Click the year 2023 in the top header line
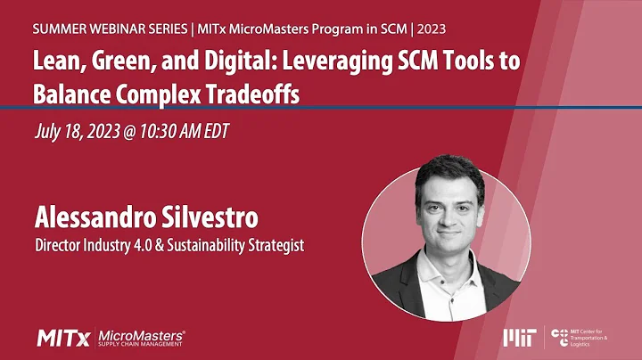(428, 29)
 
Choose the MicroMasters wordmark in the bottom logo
(140, 334)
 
